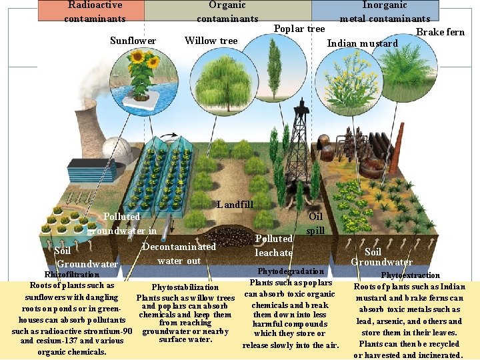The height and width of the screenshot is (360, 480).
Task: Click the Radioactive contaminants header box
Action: [95, 11]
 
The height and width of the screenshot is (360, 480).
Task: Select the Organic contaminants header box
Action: [227, 11]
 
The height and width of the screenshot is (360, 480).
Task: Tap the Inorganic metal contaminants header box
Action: [385, 11]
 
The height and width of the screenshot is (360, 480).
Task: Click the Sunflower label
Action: [133, 41]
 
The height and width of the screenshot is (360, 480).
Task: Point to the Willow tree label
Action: [211, 41]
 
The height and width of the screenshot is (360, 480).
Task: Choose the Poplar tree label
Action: [299, 29]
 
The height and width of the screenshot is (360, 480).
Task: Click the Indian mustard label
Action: [362, 44]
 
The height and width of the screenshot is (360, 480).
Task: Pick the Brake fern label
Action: [440, 32]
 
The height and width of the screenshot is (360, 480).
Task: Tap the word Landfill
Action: [235, 205]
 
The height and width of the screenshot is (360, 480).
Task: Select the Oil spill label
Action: [315, 223]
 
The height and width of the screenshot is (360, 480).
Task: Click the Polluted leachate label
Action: [274, 245]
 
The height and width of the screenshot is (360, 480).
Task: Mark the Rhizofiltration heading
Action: [71, 274]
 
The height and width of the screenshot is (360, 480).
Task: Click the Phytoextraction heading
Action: [410, 275]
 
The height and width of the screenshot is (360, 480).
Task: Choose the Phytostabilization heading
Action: [185, 287]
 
